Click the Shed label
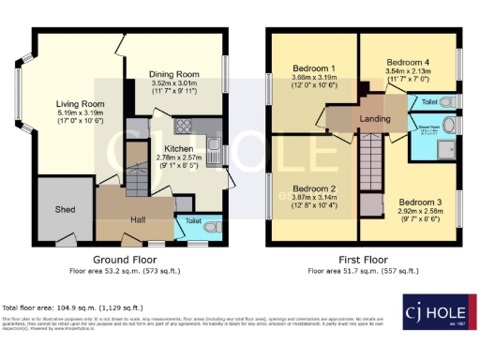[65, 209]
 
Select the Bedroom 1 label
[312, 69]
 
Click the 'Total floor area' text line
[73, 307]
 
